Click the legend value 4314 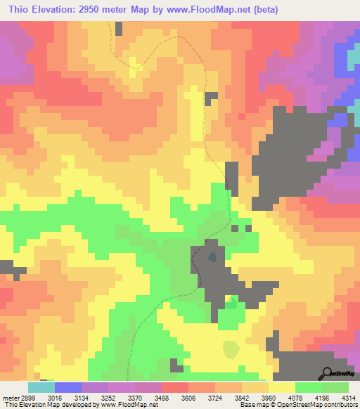[348, 397]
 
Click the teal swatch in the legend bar [41, 387]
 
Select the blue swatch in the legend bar [67, 387]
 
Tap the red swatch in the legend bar [175, 387]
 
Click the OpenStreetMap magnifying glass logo [326, 372]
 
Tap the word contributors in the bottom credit [340, 405]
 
